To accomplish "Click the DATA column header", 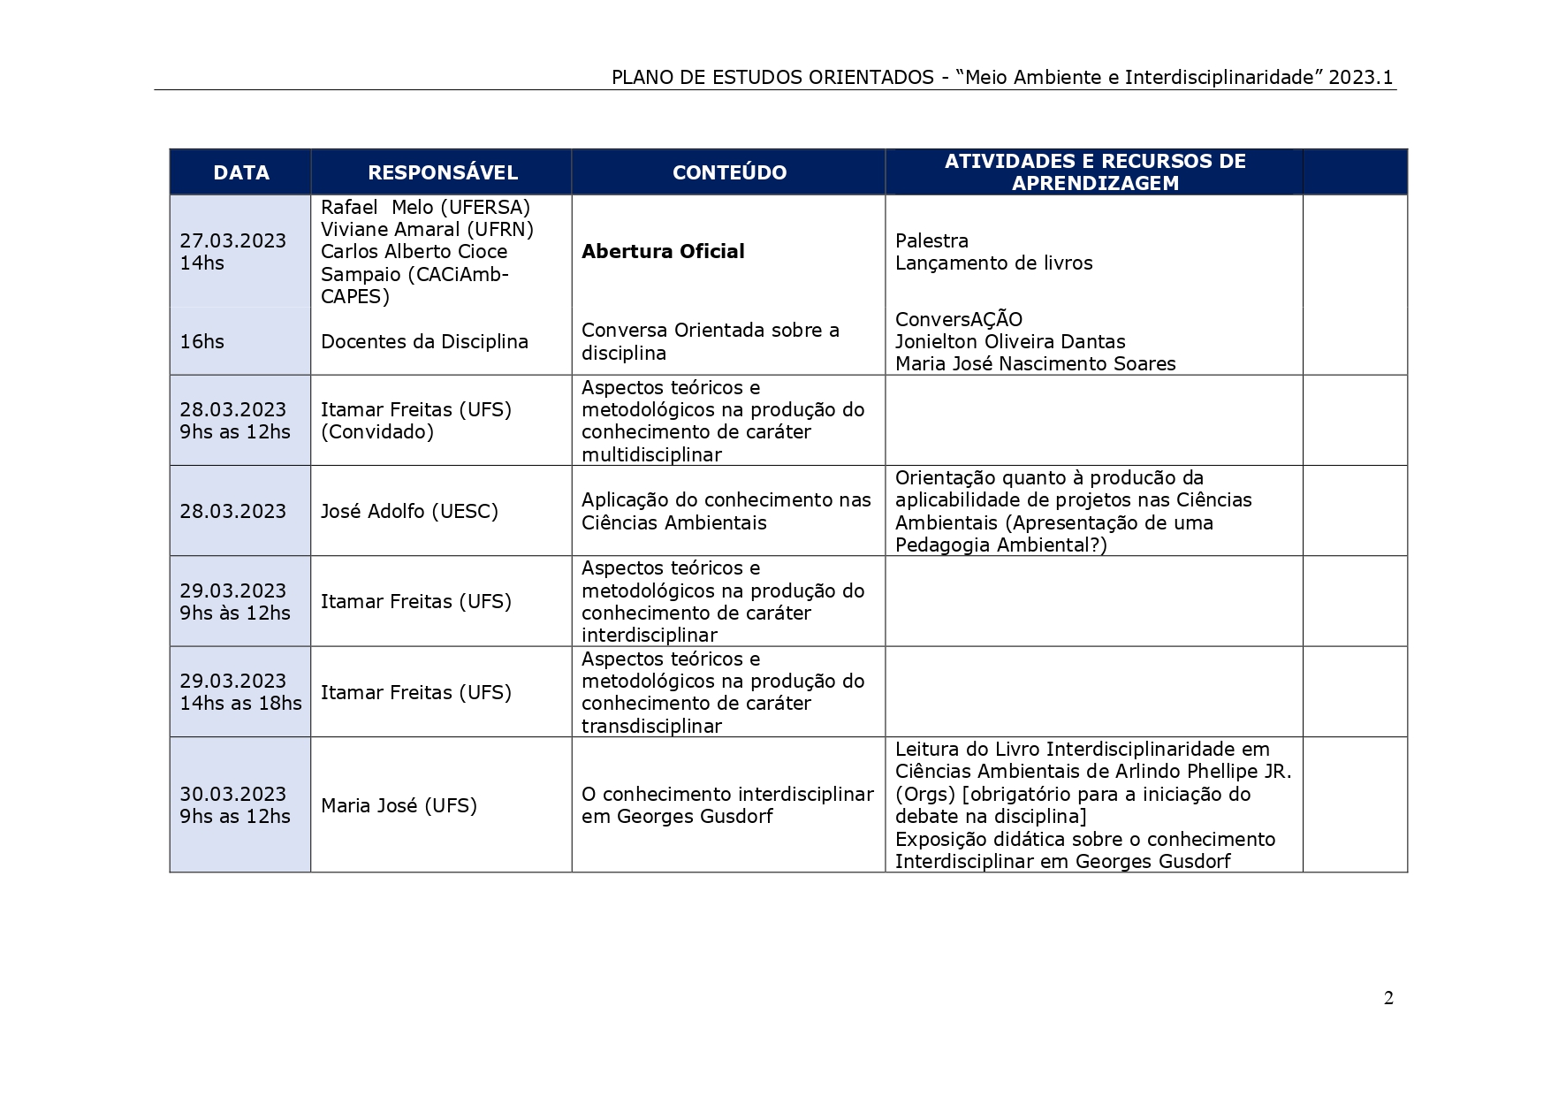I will (240, 172).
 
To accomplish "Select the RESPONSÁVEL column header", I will (442, 172).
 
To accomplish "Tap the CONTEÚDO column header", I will (729, 172).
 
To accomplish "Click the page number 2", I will (1388, 998).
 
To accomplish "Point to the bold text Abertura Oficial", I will (663, 251).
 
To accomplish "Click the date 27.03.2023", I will (232, 240).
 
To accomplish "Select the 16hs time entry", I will (201, 341).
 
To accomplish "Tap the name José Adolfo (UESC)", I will (409, 511).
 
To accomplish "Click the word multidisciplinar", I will (651, 454).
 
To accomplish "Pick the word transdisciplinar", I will (651, 726).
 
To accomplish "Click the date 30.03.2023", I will (232, 794).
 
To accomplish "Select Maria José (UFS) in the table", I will (399, 805).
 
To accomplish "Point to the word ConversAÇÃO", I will (958, 319).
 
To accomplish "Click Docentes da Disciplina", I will (424, 341).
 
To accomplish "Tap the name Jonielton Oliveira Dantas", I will (1010, 341).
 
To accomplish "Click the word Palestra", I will (931, 240).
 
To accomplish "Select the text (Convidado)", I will (376, 431).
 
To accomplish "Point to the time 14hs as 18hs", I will (240, 703).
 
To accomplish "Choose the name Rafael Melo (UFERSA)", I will (425, 207).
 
